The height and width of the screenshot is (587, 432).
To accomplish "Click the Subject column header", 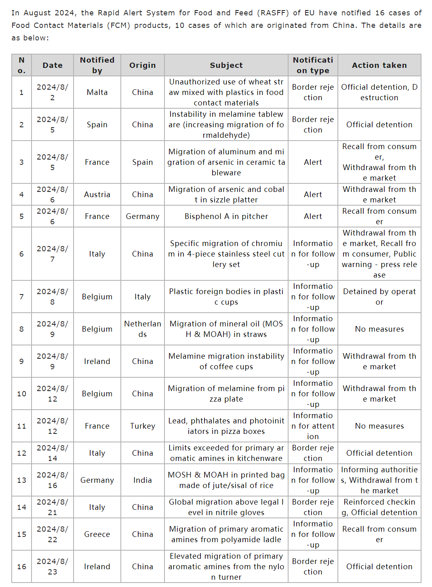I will click(226, 65).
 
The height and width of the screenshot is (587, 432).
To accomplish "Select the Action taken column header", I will click(379, 65).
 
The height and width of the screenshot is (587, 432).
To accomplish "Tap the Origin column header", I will click(142, 65).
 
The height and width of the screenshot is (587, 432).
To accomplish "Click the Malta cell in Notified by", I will click(97, 92).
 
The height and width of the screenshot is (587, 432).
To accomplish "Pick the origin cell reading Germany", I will click(142, 216).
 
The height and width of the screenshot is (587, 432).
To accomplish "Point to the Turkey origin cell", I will click(142, 426).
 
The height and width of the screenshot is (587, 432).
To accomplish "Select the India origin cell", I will click(142, 480).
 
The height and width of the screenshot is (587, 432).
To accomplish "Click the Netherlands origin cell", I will click(142, 329).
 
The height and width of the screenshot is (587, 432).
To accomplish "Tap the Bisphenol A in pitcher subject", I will click(226, 216).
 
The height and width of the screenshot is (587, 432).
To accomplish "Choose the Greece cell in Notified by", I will click(97, 534).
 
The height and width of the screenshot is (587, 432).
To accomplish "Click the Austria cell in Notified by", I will click(97, 194).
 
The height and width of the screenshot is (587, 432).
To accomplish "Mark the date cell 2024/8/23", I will click(53, 566).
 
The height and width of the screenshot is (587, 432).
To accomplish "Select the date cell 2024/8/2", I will click(53, 92).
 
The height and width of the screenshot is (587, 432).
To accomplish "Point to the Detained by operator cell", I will click(379, 297).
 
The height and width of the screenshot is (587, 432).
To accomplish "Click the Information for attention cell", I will click(313, 426).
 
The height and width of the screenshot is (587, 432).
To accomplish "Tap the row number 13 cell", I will click(22, 480).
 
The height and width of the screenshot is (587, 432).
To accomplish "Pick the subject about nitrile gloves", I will click(226, 507).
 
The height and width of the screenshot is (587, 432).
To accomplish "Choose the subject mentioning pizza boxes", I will click(226, 426).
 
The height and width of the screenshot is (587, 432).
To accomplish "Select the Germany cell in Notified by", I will click(97, 480).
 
